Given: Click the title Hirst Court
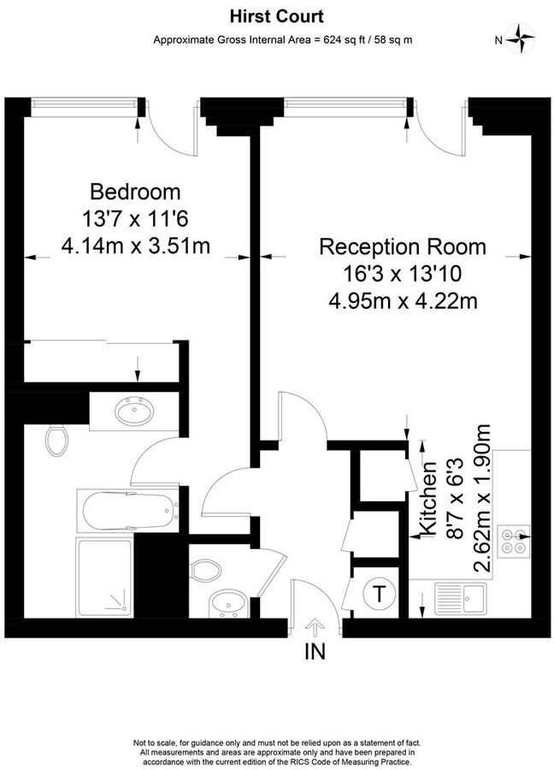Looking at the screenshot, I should [x=276, y=15].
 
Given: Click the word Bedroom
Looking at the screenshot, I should [x=136, y=190].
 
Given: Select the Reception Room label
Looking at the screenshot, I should [x=402, y=247].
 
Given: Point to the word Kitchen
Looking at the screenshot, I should [x=431, y=496].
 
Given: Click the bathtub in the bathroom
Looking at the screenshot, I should [x=128, y=510].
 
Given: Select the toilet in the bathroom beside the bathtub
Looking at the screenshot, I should [x=58, y=440].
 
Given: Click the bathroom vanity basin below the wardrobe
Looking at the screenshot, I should [x=133, y=412].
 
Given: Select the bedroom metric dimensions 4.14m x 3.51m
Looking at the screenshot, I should [x=136, y=247].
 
